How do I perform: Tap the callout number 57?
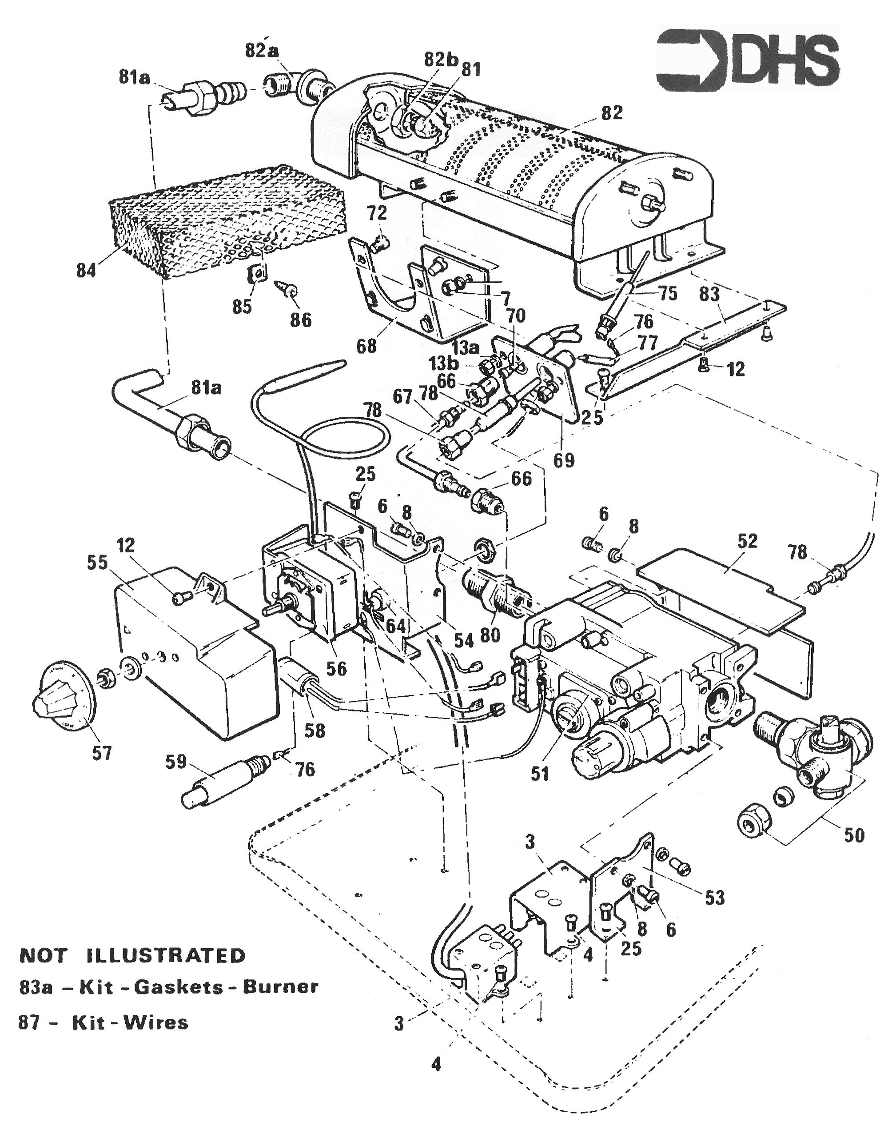[x=102, y=753]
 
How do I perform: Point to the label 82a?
[x=262, y=51]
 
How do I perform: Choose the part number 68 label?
[x=366, y=346]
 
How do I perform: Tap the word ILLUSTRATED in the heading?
[x=165, y=955]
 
